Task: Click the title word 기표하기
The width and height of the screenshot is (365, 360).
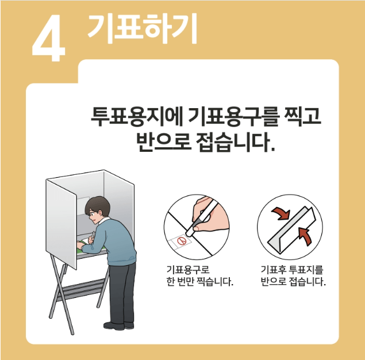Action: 142,27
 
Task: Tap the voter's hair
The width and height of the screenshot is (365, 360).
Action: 97,205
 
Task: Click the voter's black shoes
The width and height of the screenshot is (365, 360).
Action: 124,325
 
